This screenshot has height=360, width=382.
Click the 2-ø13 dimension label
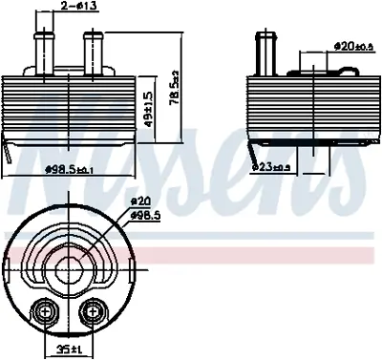click(75, 8)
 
